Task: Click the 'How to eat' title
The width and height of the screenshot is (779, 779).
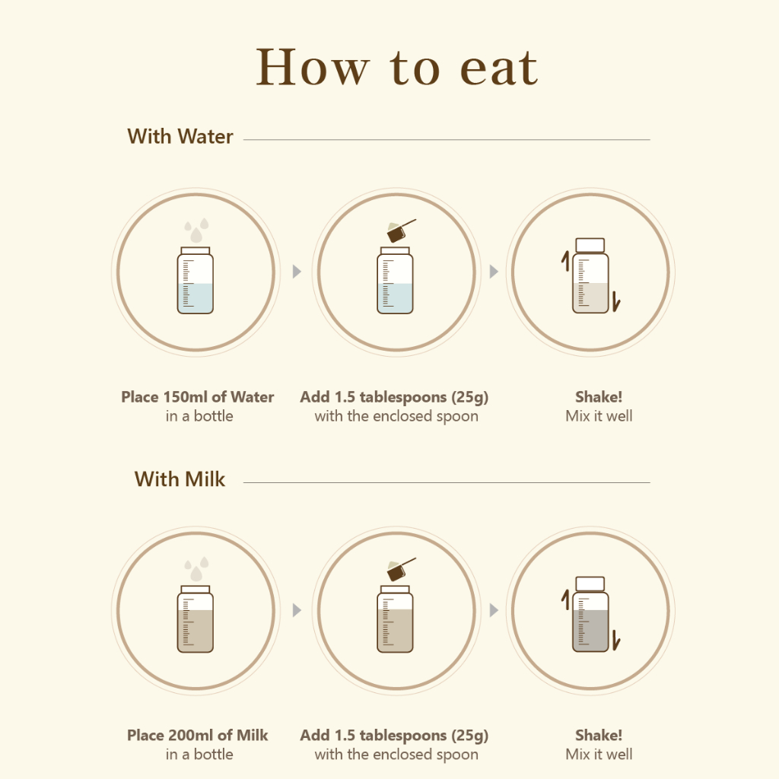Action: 396,68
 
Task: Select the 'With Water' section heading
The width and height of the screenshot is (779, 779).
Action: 180,137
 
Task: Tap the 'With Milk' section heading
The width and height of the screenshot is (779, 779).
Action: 180,479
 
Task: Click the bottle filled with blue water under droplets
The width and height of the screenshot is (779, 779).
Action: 196,280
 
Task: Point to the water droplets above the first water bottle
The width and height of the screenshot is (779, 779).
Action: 197,230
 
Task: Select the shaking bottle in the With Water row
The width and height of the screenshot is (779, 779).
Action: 590,275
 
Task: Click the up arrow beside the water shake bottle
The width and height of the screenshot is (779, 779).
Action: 565,262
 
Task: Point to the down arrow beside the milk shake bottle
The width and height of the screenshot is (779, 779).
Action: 616,641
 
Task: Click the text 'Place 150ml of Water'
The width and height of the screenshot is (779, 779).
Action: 198,397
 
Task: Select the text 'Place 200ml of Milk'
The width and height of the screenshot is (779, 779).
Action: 197,736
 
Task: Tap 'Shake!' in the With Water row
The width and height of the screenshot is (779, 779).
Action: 599,397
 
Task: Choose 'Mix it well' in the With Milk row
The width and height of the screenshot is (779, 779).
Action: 599,754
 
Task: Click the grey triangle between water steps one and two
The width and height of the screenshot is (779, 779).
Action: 297,272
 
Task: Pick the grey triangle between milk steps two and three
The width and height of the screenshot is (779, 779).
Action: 494,610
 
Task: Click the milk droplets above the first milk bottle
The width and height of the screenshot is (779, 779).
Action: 197,569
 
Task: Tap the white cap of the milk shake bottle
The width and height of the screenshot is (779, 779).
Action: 590,583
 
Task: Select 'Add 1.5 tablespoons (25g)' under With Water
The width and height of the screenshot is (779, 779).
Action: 395,397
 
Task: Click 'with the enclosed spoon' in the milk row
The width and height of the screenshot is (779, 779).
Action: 396,755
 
